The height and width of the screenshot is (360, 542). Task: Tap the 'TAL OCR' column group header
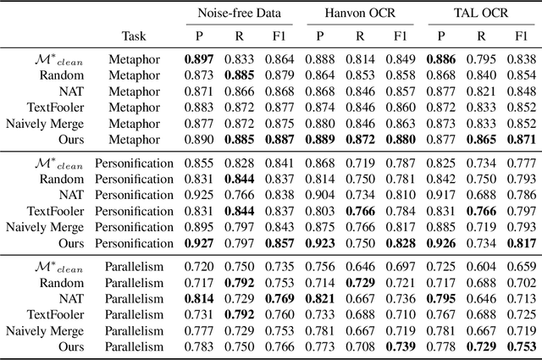478,14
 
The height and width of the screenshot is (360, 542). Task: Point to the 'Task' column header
139,36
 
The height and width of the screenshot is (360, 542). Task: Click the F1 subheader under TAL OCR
520,36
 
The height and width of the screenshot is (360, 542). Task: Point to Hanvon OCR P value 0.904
320,195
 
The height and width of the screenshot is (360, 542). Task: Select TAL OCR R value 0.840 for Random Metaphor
480,75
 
